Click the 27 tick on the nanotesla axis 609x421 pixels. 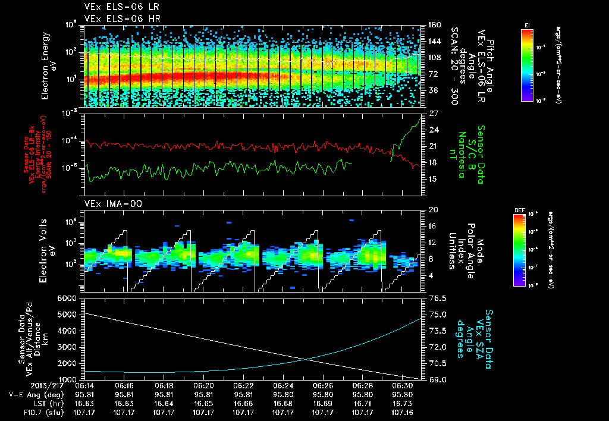[434, 113]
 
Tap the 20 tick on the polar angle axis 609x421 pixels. [434, 210]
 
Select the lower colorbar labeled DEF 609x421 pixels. [523, 250]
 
